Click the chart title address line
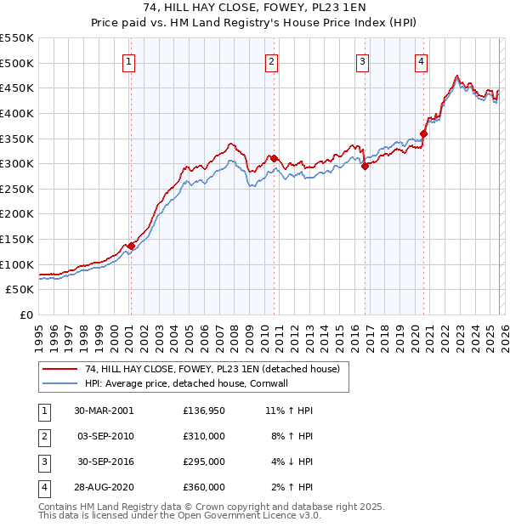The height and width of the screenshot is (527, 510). [x=254, y=8]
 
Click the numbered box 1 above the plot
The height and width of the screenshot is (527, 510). [x=128, y=60]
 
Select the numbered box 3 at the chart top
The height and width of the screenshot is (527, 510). [x=362, y=60]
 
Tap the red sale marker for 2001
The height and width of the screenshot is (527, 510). [x=131, y=246]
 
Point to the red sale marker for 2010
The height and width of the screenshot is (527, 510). [x=273, y=158]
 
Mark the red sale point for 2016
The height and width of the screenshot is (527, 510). [x=365, y=166]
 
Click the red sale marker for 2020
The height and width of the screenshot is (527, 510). [x=423, y=133]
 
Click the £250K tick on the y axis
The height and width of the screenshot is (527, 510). [x=17, y=189]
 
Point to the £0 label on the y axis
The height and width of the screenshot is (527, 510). [x=25, y=314]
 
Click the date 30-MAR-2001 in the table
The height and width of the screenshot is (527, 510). [x=104, y=411]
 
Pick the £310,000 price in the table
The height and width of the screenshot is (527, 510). [x=203, y=436]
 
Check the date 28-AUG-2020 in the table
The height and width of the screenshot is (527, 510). [x=104, y=487]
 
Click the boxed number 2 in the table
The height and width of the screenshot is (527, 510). [x=44, y=436]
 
